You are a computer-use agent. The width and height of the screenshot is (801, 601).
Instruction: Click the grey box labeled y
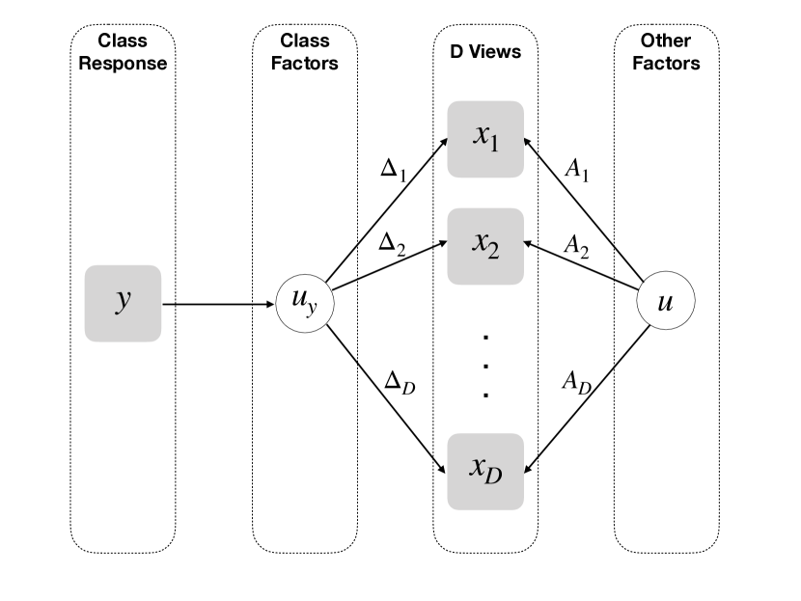point(123,303)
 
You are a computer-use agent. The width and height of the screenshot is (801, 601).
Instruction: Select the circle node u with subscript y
point(305,303)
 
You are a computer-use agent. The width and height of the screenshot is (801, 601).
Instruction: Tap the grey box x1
point(485,139)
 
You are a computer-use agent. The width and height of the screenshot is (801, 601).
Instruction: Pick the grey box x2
point(485,246)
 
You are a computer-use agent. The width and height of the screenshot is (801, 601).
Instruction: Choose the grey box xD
point(485,472)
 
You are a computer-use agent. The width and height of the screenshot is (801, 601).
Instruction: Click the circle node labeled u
point(666,300)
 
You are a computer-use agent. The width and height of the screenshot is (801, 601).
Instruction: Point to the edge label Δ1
point(394,169)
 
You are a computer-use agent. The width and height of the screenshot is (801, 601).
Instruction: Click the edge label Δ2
point(392,243)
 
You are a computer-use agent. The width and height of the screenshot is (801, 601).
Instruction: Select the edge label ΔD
point(400,382)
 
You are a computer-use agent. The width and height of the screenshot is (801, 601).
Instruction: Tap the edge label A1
point(577,169)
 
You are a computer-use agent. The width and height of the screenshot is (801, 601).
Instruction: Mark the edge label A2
point(576,246)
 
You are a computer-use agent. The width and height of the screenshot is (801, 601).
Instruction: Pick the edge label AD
point(577,382)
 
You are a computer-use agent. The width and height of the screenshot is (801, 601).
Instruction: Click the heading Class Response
point(123,51)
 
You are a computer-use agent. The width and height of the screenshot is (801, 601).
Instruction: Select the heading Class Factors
point(304,51)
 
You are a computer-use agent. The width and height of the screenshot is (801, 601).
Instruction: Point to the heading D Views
point(485,51)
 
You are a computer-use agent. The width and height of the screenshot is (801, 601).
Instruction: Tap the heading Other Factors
point(666,51)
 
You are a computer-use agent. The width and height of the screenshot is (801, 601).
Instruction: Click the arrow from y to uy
point(218,304)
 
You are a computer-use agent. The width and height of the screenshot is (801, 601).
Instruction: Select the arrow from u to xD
point(587,399)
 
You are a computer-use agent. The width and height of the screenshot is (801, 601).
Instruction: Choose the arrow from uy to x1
point(387,210)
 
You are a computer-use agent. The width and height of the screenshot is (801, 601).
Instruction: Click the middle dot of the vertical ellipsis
point(485,367)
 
